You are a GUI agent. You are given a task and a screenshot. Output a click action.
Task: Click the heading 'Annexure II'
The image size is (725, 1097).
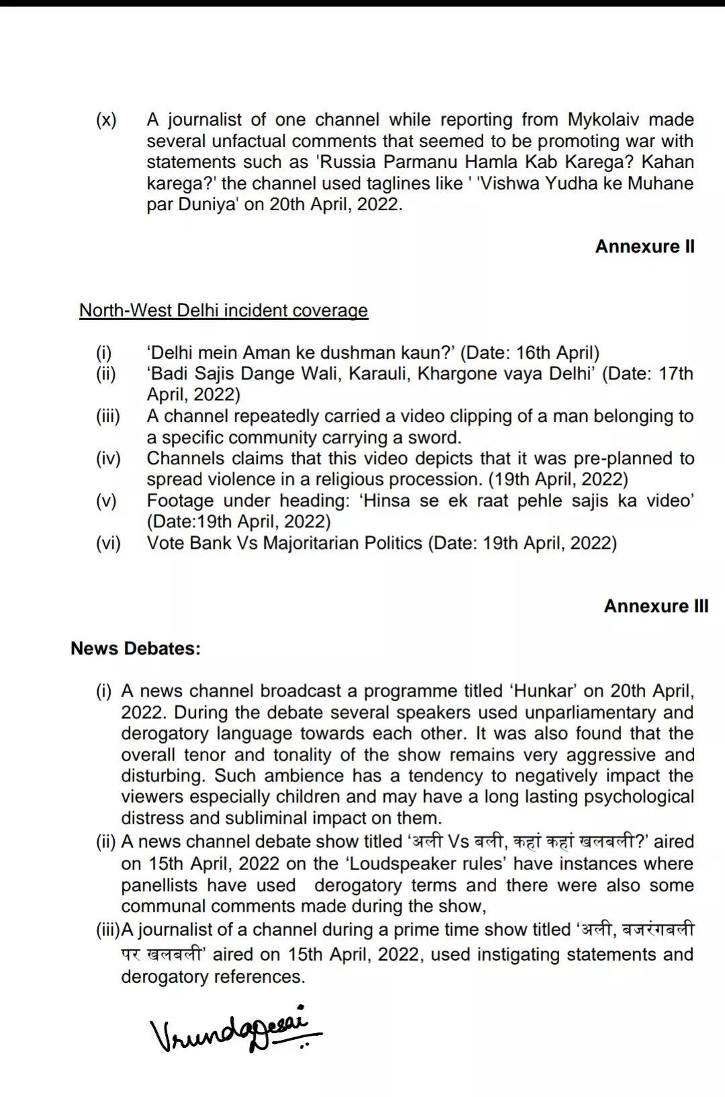pyautogui.click(x=644, y=247)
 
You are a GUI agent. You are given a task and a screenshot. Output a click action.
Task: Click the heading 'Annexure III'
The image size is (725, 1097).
pyautogui.click(x=656, y=606)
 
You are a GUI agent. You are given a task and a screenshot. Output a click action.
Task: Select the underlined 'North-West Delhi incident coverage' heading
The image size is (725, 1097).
pyautogui.click(x=224, y=310)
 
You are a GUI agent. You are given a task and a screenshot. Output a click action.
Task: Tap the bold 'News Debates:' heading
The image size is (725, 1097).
pyautogui.click(x=136, y=648)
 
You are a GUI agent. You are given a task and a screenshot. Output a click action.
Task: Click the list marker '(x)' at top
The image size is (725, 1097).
pyautogui.click(x=106, y=120)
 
